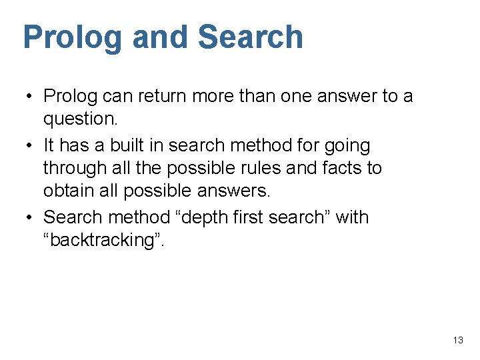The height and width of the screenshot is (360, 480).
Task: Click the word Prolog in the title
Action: (73, 38)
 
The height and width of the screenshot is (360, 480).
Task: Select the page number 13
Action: (457, 340)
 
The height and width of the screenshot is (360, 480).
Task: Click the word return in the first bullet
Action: (159, 96)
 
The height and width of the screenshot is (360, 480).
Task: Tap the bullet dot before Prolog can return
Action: (31, 96)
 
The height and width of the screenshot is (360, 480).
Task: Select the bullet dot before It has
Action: (31, 145)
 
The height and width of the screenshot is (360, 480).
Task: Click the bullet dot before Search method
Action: (31, 217)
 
